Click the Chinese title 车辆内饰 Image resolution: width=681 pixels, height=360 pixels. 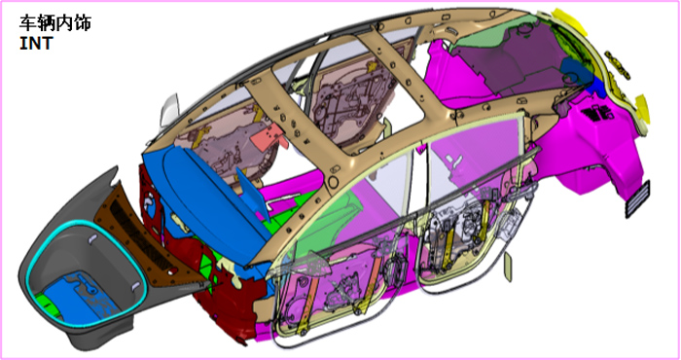pos(55,22)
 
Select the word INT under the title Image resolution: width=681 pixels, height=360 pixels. pos(36,43)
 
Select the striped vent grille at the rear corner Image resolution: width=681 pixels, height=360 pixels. pos(637,199)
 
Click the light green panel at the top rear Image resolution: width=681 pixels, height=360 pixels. pos(486,37)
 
